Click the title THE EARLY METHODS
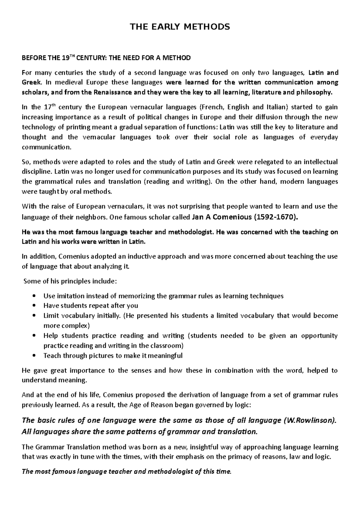(180, 27)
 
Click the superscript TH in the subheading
(70, 56)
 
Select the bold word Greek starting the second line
(30, 82)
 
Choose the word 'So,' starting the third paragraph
(26, 162)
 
